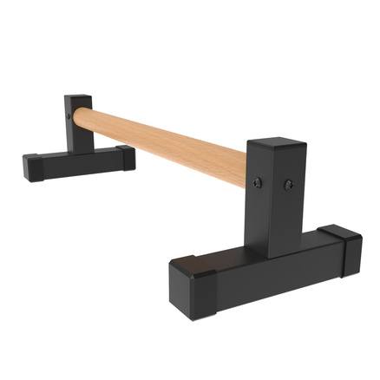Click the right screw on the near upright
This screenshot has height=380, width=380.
288,184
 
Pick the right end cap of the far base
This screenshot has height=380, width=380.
127,157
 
